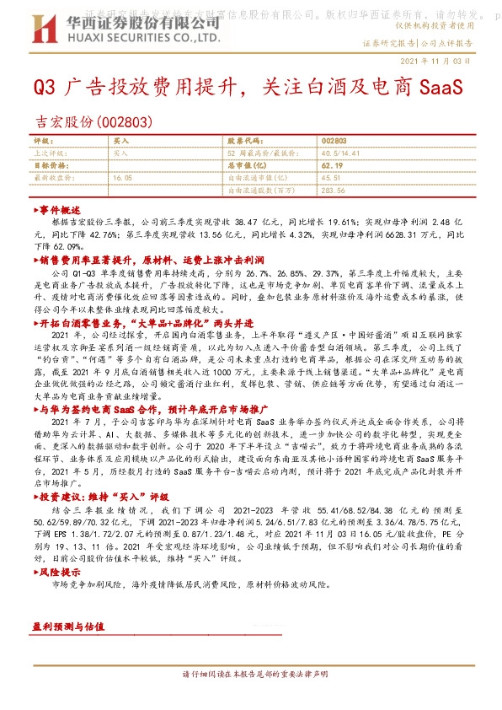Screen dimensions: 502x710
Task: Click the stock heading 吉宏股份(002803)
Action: pos(92,121)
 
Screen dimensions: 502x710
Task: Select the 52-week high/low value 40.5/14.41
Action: pos(339,153)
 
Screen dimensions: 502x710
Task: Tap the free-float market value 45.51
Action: pos(330,178)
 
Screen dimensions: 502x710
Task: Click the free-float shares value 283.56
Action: pos(333,191)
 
